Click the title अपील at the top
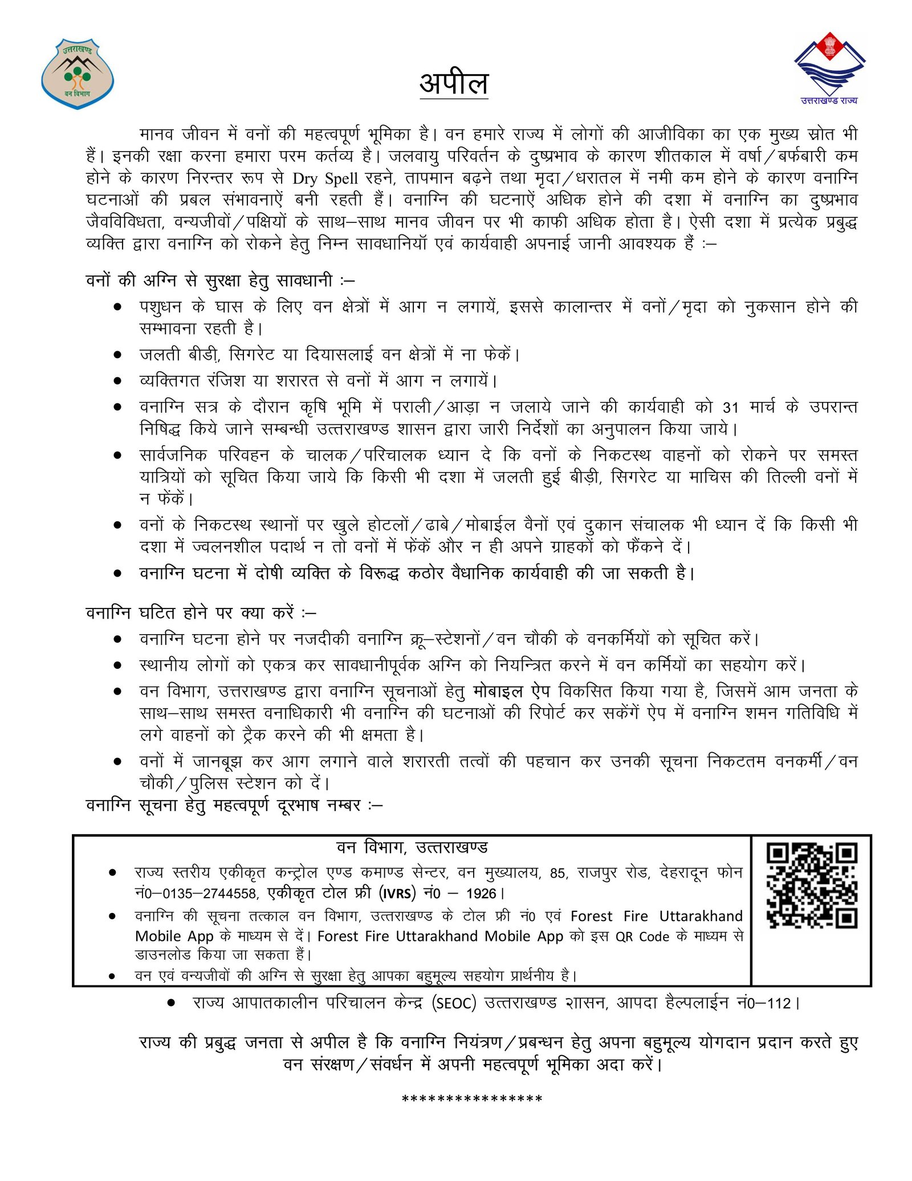454,84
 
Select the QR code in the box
812,886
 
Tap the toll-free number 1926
481,894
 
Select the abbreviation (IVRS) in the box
398,894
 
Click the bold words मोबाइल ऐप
511,692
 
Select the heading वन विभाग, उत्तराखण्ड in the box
412,848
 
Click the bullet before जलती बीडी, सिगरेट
117,355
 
